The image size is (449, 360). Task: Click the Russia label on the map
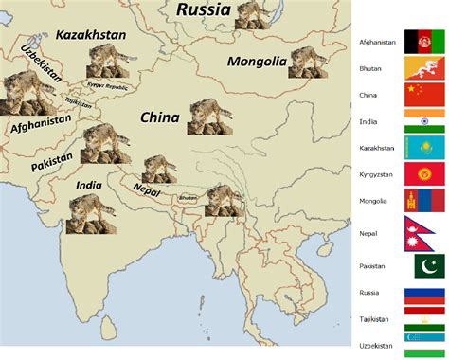[x=203, y=11]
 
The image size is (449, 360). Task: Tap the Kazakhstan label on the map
[x=91, y=35]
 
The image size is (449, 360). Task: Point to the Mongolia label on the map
[x=257, y=63]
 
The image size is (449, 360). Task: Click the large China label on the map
[x=160, y=117]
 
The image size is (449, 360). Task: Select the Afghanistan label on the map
[x=41, y=123]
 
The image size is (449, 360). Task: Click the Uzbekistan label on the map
[x=39, y=63]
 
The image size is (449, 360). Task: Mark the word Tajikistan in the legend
[x=374, y=318]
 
